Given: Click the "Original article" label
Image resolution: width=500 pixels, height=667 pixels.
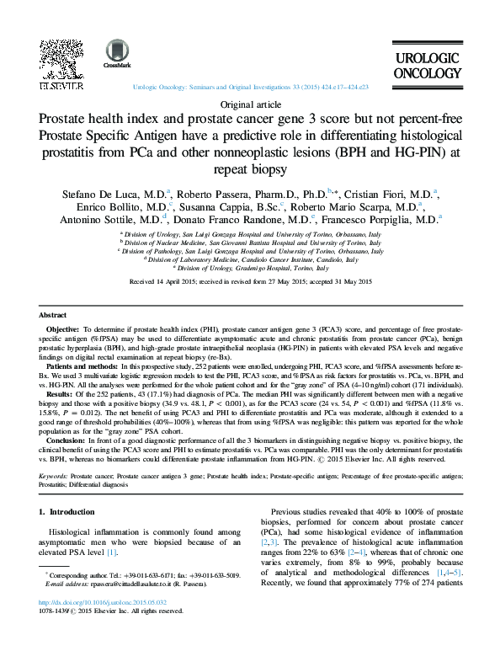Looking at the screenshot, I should (249, 104).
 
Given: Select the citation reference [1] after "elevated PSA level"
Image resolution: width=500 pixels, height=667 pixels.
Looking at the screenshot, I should (111, 552).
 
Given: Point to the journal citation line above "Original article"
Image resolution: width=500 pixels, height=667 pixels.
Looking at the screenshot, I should (249, 87).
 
